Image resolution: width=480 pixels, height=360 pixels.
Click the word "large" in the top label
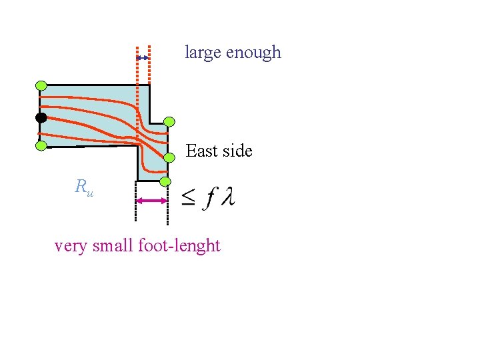click(203, 53)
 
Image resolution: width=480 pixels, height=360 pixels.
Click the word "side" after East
click(237, 151)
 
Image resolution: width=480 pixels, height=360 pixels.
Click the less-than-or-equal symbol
click(189, 198)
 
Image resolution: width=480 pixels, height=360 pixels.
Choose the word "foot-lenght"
click(179, 246)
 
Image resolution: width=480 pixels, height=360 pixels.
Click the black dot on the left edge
click(41, 118)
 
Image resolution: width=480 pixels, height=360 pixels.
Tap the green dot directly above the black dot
click(41, 85)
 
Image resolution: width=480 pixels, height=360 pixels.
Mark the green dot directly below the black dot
click(41, 145)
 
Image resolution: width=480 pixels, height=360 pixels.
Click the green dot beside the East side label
click(169, 157)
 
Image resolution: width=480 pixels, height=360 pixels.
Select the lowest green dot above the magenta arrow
click(165, 181)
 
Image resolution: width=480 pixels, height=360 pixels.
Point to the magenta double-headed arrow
click(151, 201)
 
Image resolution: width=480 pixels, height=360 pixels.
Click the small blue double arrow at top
click(143, 59)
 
